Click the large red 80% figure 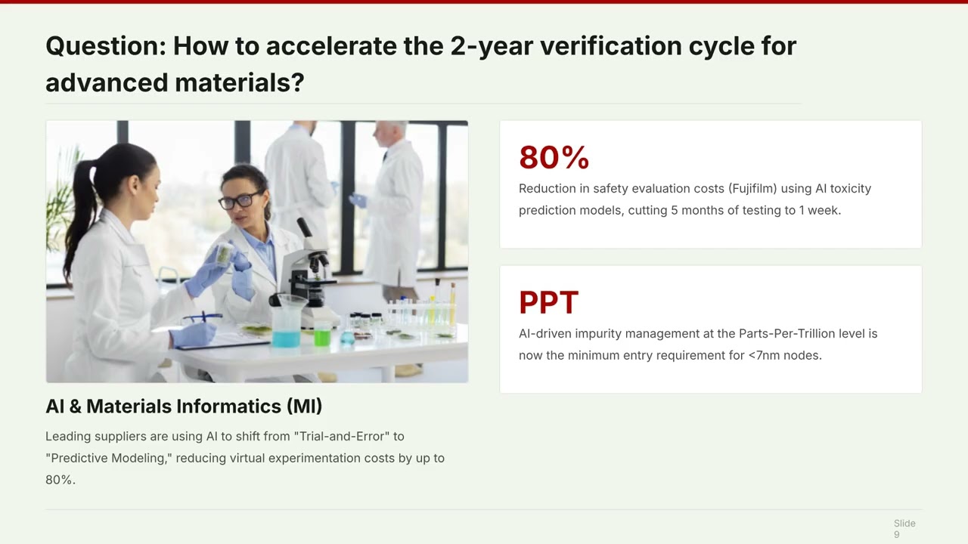554,157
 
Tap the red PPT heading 548,302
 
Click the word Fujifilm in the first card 752,189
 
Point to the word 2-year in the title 492,47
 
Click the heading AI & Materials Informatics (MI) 184,406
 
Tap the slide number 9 897,534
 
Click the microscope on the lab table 309,277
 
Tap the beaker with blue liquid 285,322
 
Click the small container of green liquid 322,333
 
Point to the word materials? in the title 240,83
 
